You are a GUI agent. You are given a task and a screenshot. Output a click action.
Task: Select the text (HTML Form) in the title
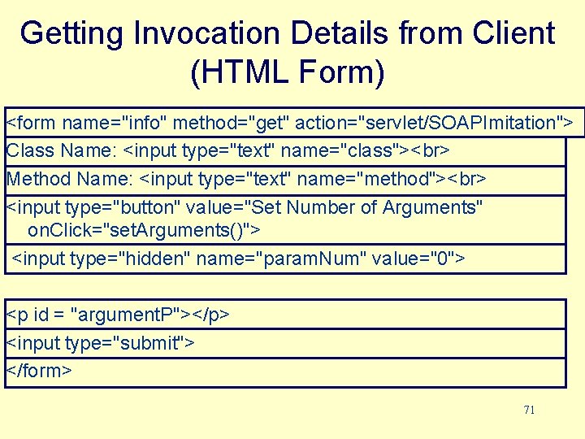tap(287, 73)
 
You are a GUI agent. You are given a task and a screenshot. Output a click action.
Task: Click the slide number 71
tap(529, 410)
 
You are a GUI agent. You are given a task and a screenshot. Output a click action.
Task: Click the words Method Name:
tap(71, 179)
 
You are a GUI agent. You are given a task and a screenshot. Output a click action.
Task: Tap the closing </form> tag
tap(39, 371)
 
